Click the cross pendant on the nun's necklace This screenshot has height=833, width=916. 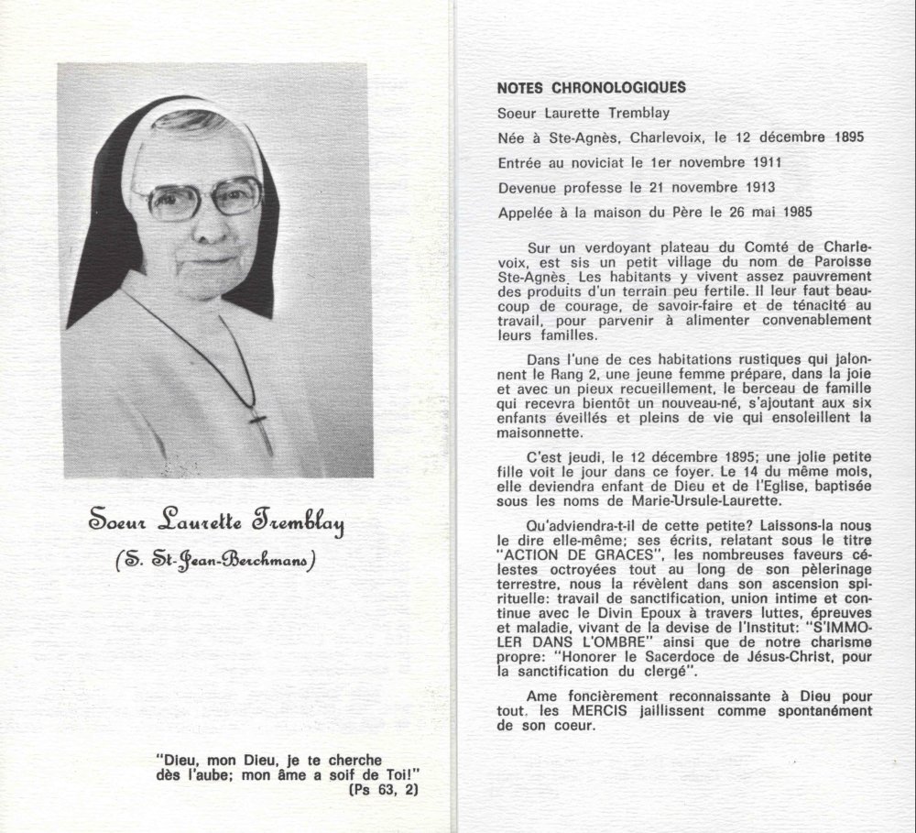(259, 423)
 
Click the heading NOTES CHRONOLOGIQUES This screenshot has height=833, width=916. (591, 88)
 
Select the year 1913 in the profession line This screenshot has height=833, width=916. (753, 187)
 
